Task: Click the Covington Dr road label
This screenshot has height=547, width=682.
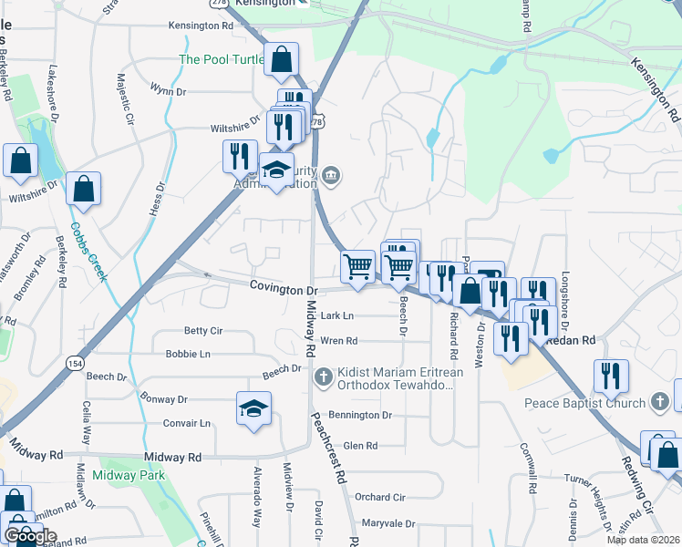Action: (284, 289)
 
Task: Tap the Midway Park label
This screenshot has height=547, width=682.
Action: (127, 475)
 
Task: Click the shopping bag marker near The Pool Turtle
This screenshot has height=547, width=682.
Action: (282, 60)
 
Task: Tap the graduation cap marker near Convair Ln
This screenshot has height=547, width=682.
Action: (254, 408)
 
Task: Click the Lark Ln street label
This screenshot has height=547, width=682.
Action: (337, 316)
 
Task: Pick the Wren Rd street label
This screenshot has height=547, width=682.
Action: (338, 341)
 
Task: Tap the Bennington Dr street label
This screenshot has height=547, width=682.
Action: (360, 415)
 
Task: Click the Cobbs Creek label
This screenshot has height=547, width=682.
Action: (90, 252)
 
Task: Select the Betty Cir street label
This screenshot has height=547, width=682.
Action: (203, 330)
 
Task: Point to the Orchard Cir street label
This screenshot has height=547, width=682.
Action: (379, 497)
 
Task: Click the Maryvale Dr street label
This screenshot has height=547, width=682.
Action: (387, 524)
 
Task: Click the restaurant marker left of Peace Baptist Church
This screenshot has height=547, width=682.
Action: (610, 376)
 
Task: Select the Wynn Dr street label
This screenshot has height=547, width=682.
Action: (169, 91)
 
